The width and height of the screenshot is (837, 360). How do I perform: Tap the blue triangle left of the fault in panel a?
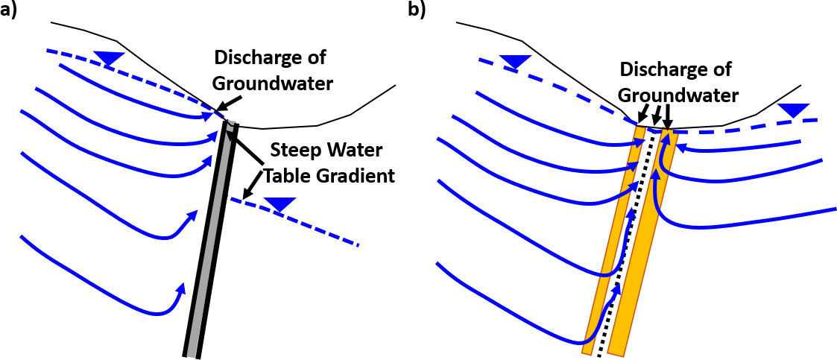110,58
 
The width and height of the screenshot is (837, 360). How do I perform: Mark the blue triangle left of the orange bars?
515,60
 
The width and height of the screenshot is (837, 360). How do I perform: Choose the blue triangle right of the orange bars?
792,110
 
